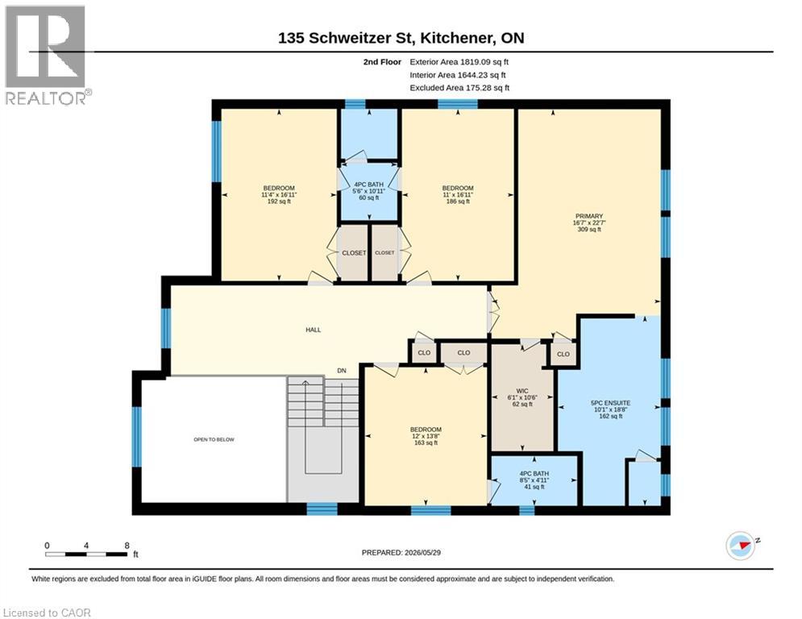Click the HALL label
(313, 330)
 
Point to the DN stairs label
(341, 371)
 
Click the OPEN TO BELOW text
(214, 439)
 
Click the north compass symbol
(740, 546)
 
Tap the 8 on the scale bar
(127, 546)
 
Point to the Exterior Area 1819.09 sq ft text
(459, 62)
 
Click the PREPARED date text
(401, 552)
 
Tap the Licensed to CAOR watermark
(47, 613)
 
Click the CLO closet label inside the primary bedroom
(563, 354)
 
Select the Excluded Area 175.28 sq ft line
(459, 88)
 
